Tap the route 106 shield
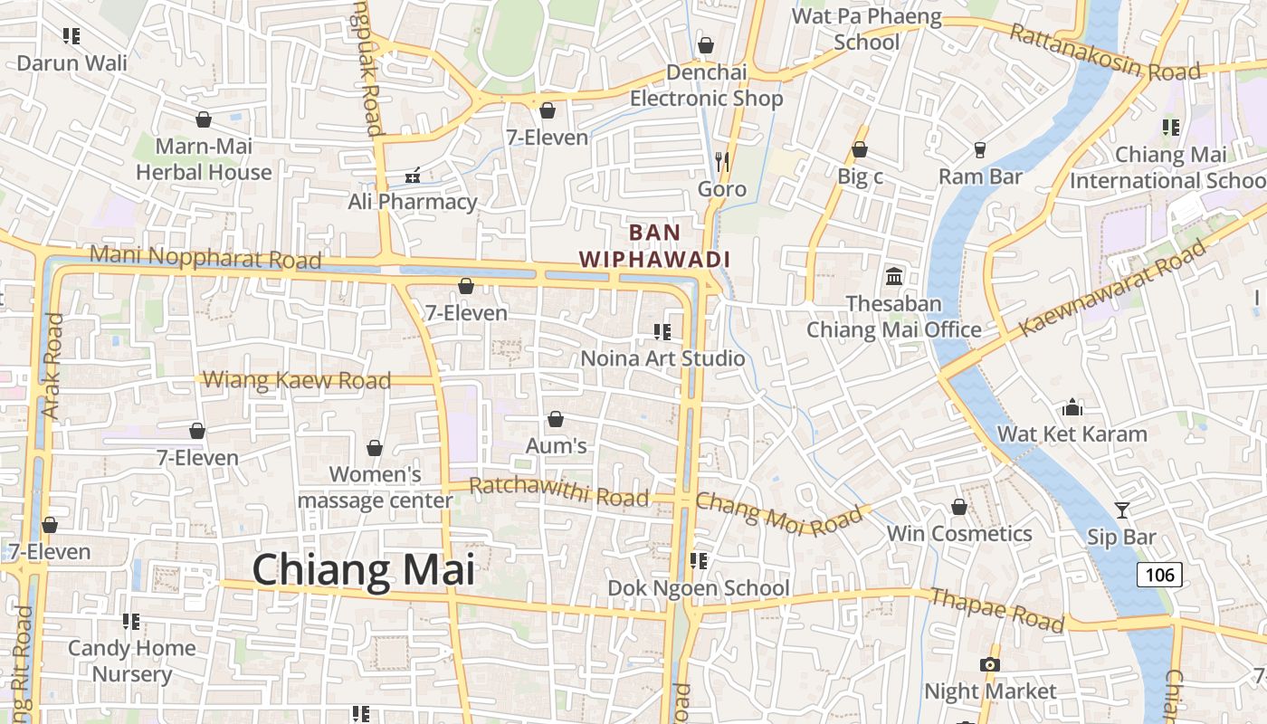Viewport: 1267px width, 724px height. [1159, 574]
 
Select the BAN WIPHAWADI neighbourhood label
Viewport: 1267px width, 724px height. [654, 245]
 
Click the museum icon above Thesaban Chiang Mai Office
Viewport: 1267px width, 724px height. [894, 276]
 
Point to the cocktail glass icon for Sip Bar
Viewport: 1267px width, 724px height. [1122, 510]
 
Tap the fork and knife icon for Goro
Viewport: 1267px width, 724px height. [722, 162]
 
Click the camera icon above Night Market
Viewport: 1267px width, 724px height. [990, 665]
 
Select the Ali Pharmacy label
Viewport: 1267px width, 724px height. [413, 202]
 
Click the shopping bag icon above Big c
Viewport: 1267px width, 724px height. [860, 149]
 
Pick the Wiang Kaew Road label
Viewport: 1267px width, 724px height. [297, 380]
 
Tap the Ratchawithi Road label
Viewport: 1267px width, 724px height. [559, 492]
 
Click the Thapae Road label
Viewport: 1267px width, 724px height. [997, 609]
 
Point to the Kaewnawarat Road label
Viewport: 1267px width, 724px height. [1113, 287]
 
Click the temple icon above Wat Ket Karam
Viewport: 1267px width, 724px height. [1072, 407]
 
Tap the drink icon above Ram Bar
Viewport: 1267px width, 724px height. [980, 149]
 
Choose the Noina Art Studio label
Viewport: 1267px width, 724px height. [662, 358]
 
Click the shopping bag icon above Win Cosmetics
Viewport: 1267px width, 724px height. [959, 507]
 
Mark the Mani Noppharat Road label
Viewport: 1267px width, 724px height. [205, 257]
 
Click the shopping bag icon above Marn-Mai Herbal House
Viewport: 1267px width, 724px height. [204, 119]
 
